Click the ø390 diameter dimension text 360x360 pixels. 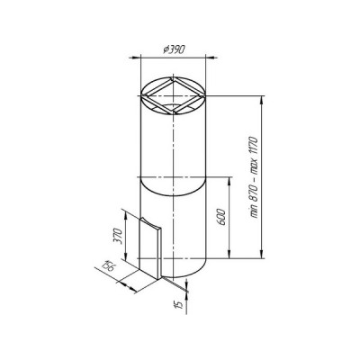pyautogui.click(x=174, y=49)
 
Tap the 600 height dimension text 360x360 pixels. pyautogui.click(x=220, y=217)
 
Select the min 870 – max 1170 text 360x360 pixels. pyautogui.click(x=254, y=177)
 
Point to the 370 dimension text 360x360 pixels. pyautogui.click(x=118, y=237)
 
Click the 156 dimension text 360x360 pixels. pyautogui.click(x=108, y=265)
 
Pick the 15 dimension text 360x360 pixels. pyautogui.click(x=178, y=304)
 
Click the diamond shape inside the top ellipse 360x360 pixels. pyautogui.click(x=174, y=96)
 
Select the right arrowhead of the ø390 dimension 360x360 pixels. pyautogui.click(x=211, y=57)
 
